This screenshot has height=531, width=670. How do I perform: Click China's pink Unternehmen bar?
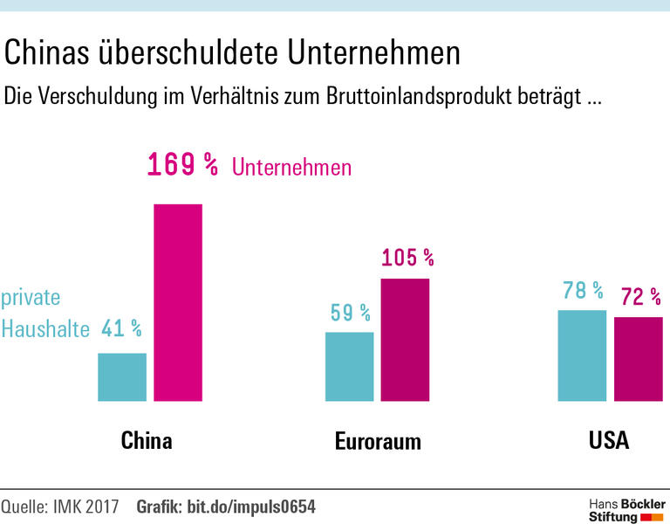click(178, 302)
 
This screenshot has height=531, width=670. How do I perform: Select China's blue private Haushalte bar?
click(122, 377)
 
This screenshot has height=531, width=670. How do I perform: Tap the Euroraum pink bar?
click(406, 340)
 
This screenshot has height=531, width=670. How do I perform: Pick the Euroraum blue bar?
click(350, 367)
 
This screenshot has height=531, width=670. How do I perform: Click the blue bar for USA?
click(582, 355)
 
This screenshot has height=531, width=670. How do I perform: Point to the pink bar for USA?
click(639, 359)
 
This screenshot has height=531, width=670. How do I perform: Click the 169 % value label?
click(182, 164)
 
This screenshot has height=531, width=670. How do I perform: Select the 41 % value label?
click(121, 328)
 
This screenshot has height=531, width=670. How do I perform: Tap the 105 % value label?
click(407, 258)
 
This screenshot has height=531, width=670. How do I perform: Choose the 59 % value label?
click(350, 312)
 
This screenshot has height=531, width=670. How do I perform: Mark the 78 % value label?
click(582, 290)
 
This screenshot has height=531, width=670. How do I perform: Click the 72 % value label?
click(639, 297)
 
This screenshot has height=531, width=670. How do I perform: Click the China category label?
click(147, 439)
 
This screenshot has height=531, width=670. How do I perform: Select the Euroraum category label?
click(378, 441)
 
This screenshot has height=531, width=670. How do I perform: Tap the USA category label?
click(609, 439)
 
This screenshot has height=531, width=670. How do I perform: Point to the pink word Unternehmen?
click(291, 167)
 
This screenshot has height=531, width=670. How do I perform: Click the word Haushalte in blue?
click(45, 329)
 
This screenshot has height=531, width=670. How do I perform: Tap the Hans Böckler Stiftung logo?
click(626, 511)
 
